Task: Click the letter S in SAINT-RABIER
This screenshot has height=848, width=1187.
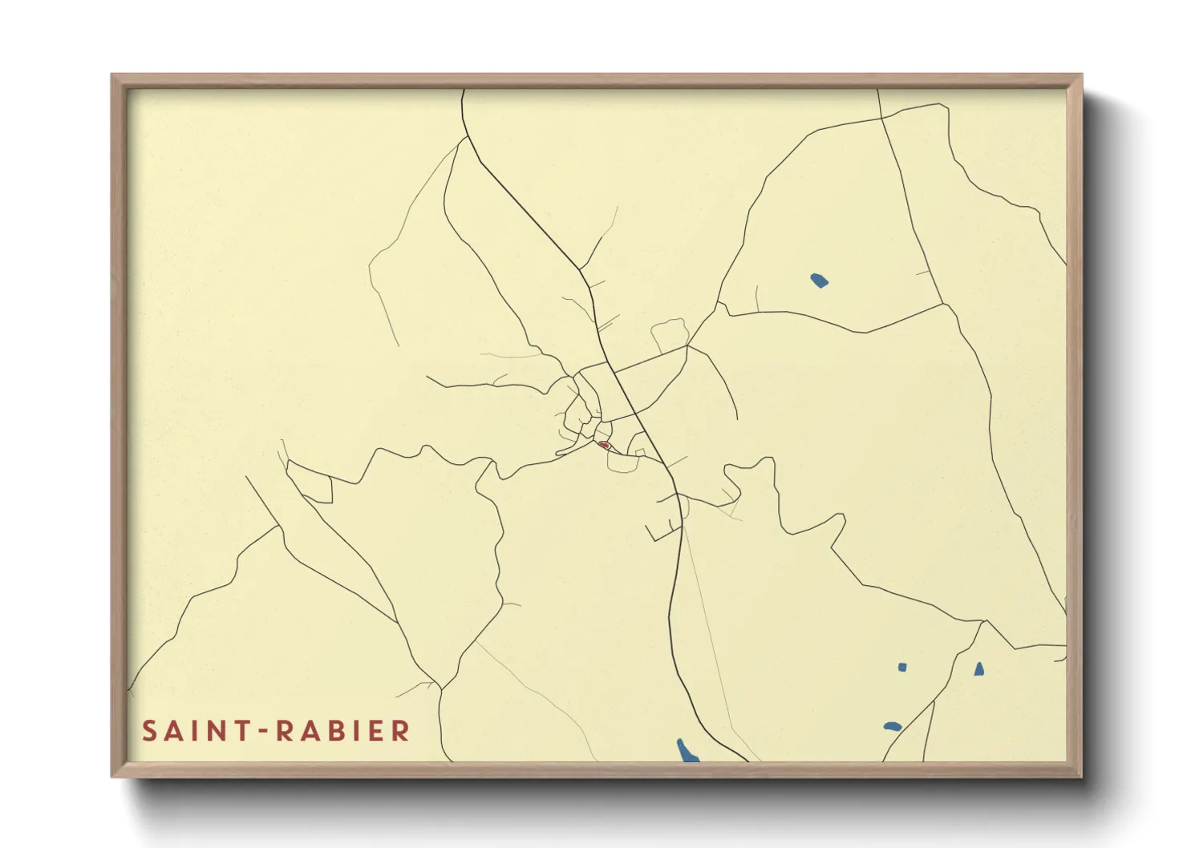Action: (x=149, y=731)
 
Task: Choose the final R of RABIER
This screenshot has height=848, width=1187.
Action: (x=401, y=731)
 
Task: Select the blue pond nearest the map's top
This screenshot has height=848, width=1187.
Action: (x=818, y=281)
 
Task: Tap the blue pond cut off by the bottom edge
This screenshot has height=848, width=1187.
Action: (x=687, y=751)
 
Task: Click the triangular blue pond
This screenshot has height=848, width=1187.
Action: (x=978, y=668)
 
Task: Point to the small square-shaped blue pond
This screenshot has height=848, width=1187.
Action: (x=902, y=667)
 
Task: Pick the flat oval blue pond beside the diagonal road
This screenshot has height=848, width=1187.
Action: (x=893, y=726)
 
